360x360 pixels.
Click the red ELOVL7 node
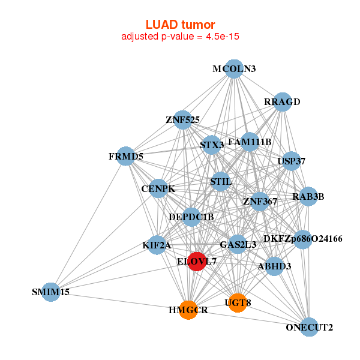[x=197, y=262]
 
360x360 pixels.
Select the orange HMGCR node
[x=188, y=310]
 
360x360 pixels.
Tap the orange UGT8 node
[x=238, y=303]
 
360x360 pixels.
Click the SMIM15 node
[x=52, y=292]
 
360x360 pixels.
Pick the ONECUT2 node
[x=309, y=327]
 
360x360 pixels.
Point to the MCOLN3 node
[x=234, y=69]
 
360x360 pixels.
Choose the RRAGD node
[x=281, y=101]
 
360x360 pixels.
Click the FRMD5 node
[x=126, y=157]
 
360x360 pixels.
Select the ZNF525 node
[x=183, y=120]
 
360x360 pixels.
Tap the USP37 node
[x=292, y=161]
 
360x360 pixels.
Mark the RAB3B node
[x=308, y=196]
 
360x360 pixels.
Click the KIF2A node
[x=157, y=245]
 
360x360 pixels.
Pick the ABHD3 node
[x=274, y=266]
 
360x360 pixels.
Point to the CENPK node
[x=158, y=189]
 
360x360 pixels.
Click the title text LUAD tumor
[x=180, y=25]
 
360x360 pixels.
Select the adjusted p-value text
[x=180, y=37]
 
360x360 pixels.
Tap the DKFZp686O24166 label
[x=303, y=239]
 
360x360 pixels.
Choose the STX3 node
[x=212, y=145]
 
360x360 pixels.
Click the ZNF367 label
[x=260, y=202]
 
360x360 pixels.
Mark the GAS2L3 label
[x=238, y=244]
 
